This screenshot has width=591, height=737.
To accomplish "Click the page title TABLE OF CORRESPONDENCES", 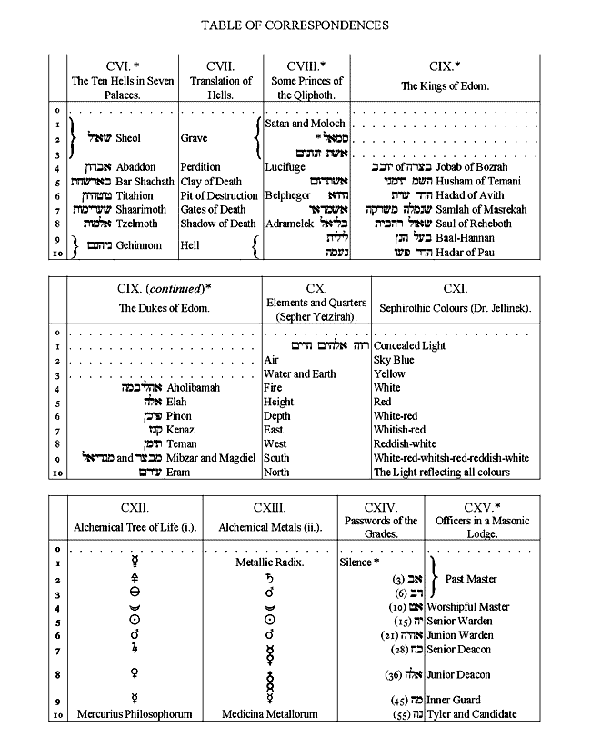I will click(295, 25).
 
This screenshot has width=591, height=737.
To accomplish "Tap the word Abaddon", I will click(136, 167).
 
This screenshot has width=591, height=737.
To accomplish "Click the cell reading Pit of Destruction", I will click(219, 195).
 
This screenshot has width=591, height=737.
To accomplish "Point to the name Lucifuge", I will click(285, 167).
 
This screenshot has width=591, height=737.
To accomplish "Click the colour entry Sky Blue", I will click(394, 360).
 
